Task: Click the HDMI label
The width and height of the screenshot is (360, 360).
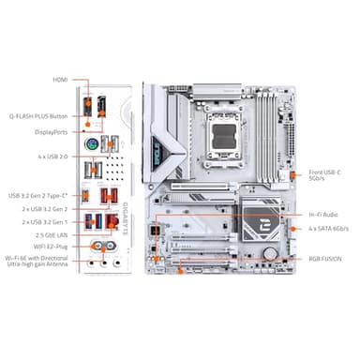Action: tap(59, 81)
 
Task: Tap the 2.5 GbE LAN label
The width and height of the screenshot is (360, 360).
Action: tap(52, 234)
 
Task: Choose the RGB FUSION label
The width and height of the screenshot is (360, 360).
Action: tap(325, 257)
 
